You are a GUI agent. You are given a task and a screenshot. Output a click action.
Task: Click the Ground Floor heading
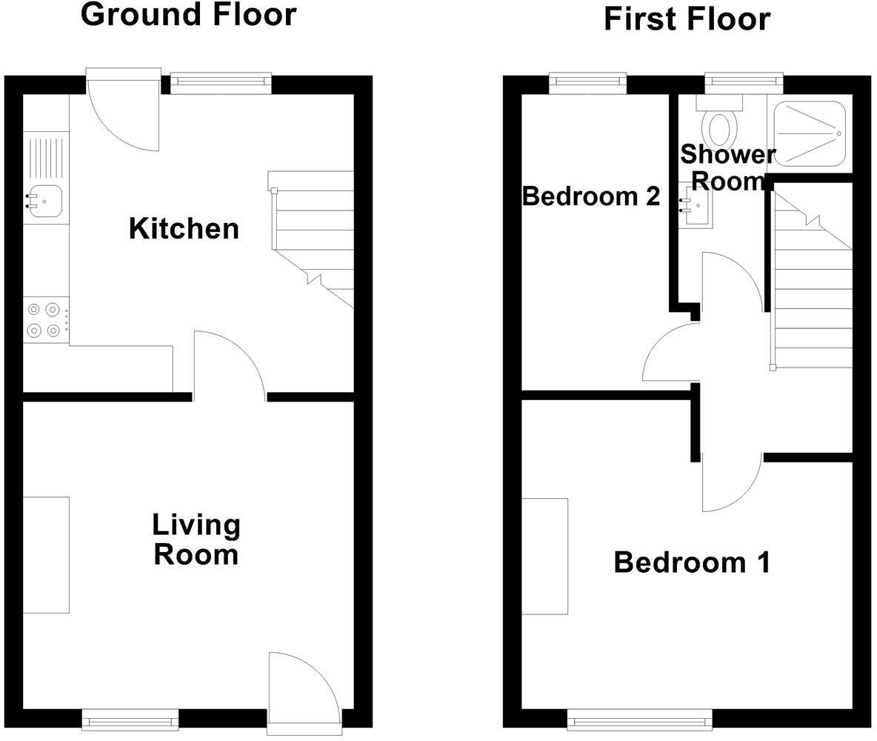pyautogui.click(x=188, y=15)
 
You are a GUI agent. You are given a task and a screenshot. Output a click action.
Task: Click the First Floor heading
pyautogui.click(x=687, y=19)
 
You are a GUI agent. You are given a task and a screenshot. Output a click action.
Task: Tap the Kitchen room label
pyautogui.click(x=184, y=229)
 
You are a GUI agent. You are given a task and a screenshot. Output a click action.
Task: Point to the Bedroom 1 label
pyautogui.click(x=692, y=563)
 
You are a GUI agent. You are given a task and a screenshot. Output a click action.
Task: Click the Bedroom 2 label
pyautogui.click(x=590, y=196)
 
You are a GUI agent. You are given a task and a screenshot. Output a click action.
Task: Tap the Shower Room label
pyautogui.click(x=727, y=167)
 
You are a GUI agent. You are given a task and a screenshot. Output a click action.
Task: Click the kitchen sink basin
pyautogui.click(x=45, y=200)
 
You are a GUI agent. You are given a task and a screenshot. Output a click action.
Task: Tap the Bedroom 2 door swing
pyautogui.click(x=671, y=354)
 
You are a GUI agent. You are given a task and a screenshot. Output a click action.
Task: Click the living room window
pyautogui.click(x=130, y=718)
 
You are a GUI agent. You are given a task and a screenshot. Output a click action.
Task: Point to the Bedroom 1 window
pyautogui.click(x=639, y=718)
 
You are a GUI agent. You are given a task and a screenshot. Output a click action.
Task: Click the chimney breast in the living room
pyautogui.click(x=46, y=555)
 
